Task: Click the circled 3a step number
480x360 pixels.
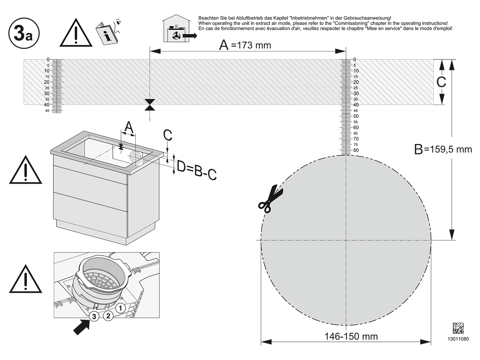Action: click(x=24, y=33)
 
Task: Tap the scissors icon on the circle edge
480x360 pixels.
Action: click(x=271, y=199)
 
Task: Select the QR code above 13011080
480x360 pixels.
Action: click(x=458, y=328)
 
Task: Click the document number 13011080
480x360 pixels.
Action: click(x=458, y=339)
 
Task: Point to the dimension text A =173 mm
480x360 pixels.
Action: click(x=245, y=45)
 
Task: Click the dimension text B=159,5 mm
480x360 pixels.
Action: click(x=443, y=149)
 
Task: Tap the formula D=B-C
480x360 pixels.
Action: click(x=196, y=170)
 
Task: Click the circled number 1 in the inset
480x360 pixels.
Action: click(x=120, y=309)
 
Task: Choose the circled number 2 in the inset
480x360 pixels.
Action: click(x=108, y=316)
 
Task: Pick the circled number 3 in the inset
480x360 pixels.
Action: click(x=94, y=316)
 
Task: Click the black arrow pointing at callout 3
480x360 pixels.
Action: click(x=81, y=327)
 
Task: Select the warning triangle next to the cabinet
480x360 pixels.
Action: click(x=26, y=170)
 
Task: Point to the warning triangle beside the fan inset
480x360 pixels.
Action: click(x=26, y=279)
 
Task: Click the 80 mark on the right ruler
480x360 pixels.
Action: click(x=356, y=150)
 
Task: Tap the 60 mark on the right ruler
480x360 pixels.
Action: click(x=356, y=128)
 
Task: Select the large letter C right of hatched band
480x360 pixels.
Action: click(x=441, y=82)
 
